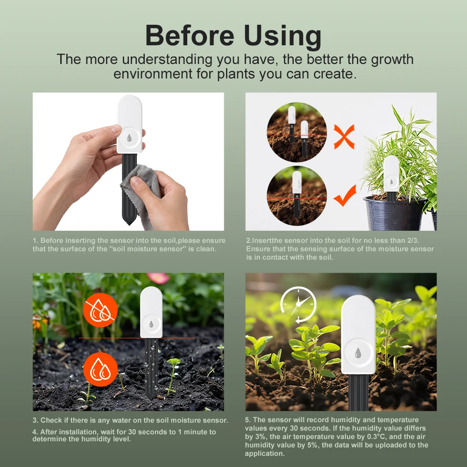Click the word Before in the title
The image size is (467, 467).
(x=190, y=35)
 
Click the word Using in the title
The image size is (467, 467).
(x=283, y=36)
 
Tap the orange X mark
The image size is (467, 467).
(x=344, y=137)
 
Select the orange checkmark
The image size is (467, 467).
(x=345, y=195)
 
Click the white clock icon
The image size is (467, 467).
(x=298, y=304)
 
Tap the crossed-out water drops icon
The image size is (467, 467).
(x=100, y=310)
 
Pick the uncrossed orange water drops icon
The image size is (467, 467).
(x=100, y=369)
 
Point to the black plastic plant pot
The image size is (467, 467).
(x=394, y=213)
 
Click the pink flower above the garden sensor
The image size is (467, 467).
(x=158, y=278)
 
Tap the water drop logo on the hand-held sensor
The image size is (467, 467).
(x=129, y=138)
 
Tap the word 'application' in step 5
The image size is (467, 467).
(x=264, y=454)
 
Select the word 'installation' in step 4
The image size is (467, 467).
(x=79, y=432)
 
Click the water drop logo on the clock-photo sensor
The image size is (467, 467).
(x=358, y=353)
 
